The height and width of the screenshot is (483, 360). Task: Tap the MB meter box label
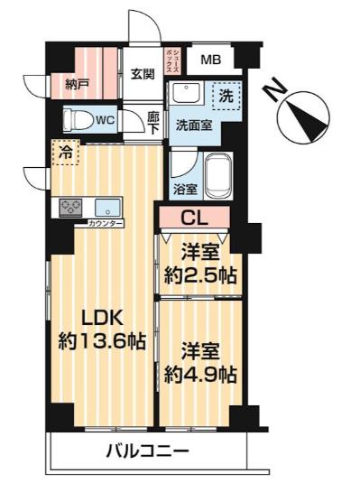[210, 60]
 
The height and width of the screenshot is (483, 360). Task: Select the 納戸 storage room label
[78, 87]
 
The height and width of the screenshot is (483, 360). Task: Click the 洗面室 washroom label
[195, 125]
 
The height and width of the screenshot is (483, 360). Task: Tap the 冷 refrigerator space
[64, 153]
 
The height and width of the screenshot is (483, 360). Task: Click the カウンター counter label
[106, 223]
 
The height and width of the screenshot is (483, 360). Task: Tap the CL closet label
[195, 217]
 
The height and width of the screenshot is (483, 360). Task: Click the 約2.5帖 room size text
[199, 276]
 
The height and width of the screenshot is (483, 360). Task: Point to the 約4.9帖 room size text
[199, 372]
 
